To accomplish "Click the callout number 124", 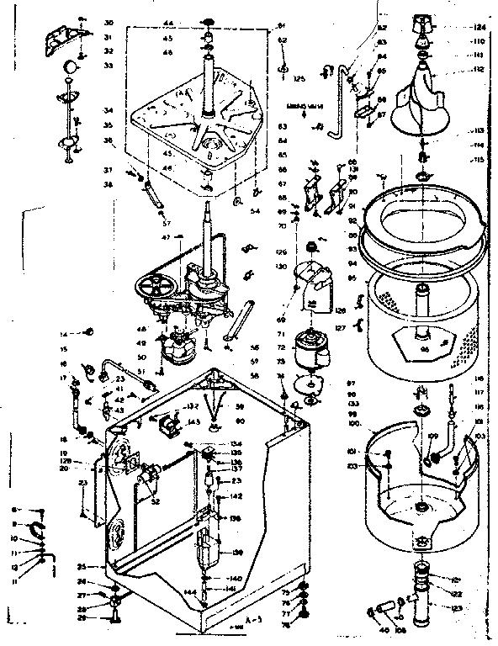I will click(x=481, y=27).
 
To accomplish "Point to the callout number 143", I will click(x=193, y=422).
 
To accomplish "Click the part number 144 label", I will click(x=191, y=593).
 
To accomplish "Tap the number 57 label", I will click(x=166, y=225).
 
